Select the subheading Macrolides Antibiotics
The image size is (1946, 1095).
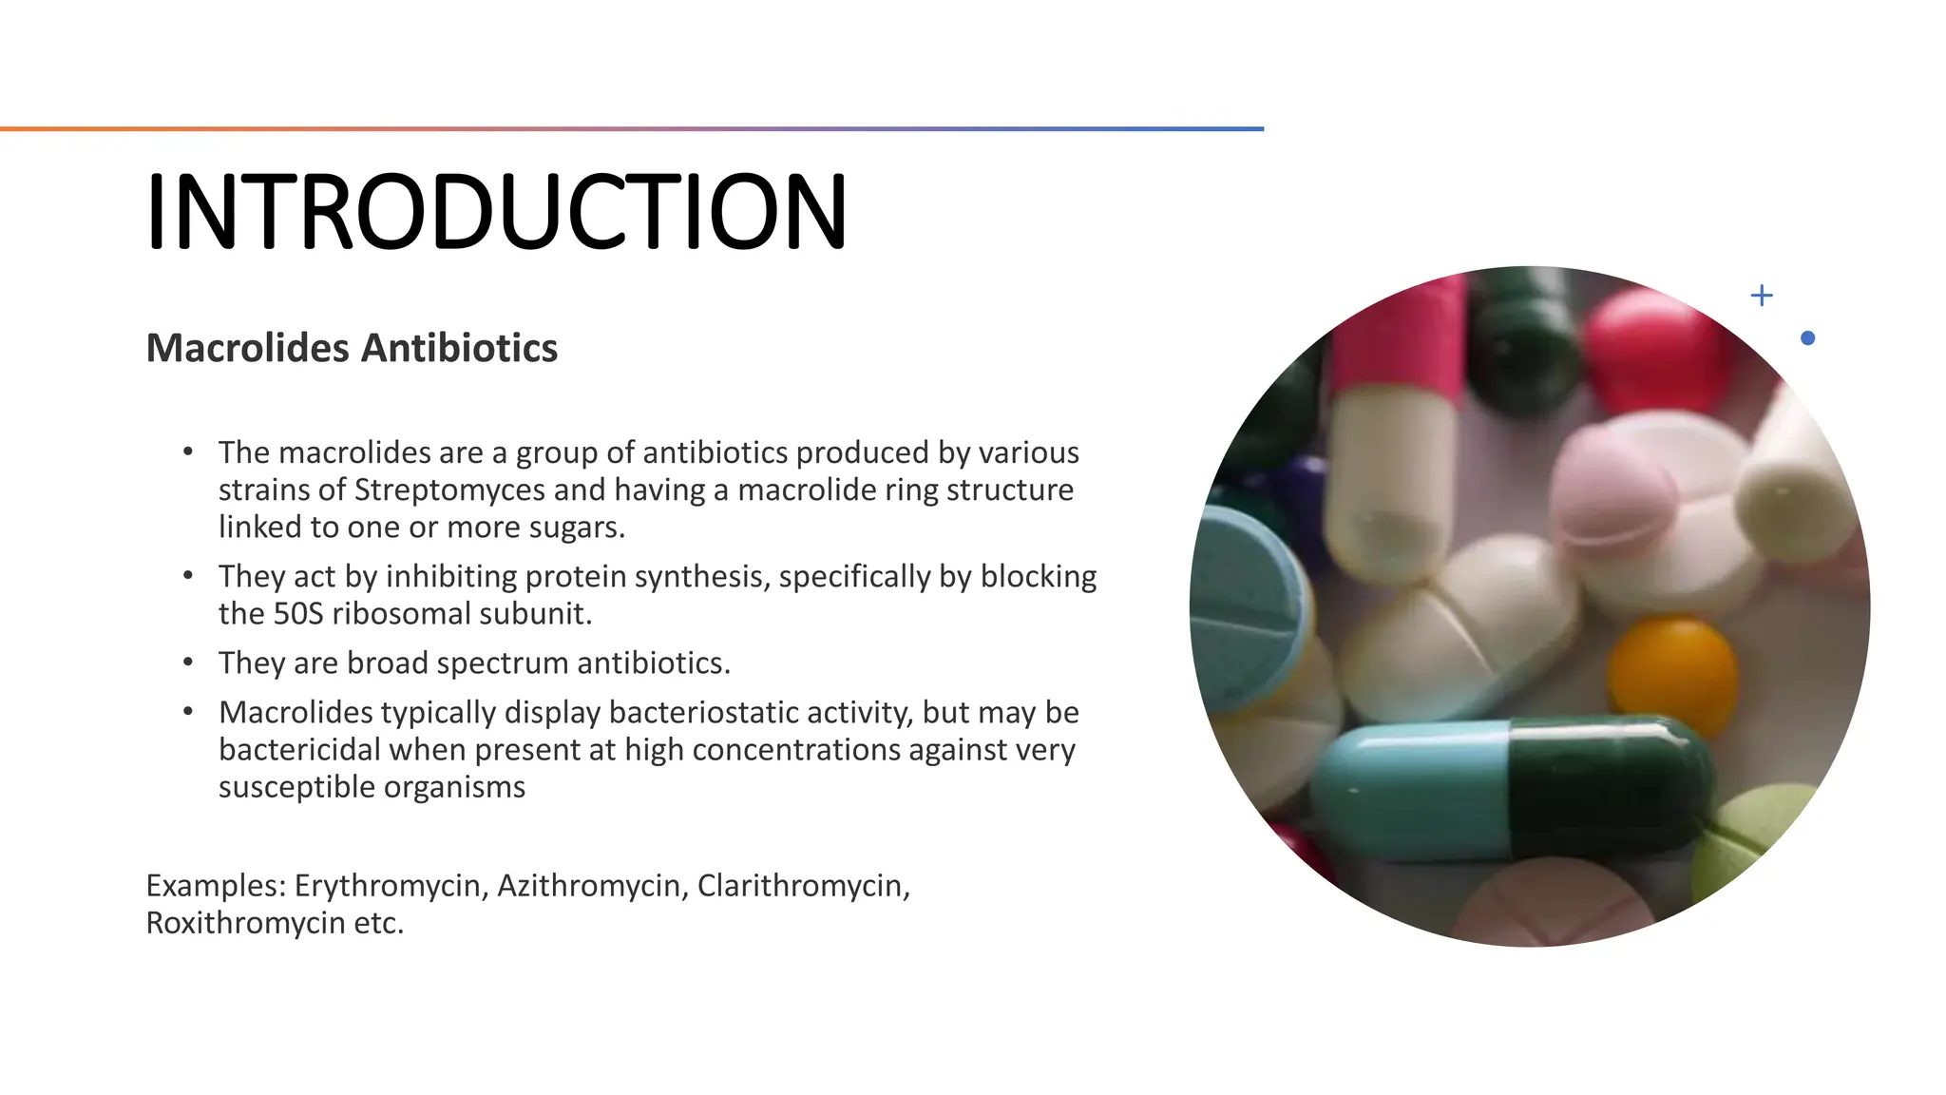tap(352, 348)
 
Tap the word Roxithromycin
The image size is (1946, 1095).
tap(244, 923)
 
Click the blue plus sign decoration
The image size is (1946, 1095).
tap(1762, 296)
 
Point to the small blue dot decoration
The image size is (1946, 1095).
tap(1807, 338)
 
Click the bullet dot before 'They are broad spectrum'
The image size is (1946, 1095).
tap(188, 663)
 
